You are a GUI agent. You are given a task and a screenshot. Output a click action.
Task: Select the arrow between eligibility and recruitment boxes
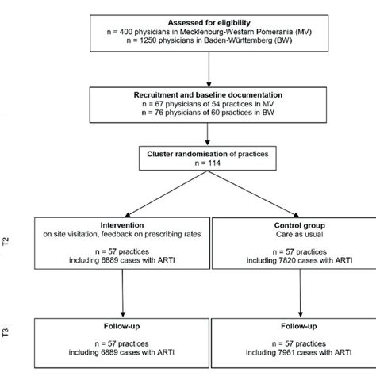(x=208, y=73)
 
